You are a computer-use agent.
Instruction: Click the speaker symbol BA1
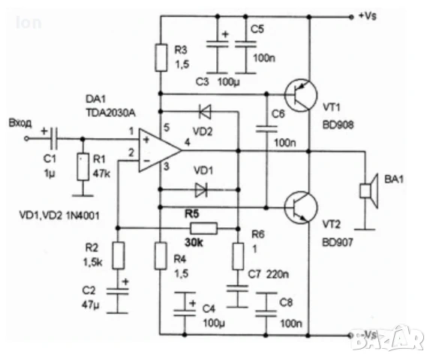(x=367, y=190)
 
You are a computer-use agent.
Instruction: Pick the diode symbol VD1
(x=200, y=187)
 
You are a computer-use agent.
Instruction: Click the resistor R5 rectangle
(x=203, y=227)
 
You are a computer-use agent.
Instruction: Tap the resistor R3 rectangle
(x=161, y=56)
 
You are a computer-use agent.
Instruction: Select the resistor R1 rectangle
(x=81, y=166)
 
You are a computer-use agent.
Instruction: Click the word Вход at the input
(x=18, y=123)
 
